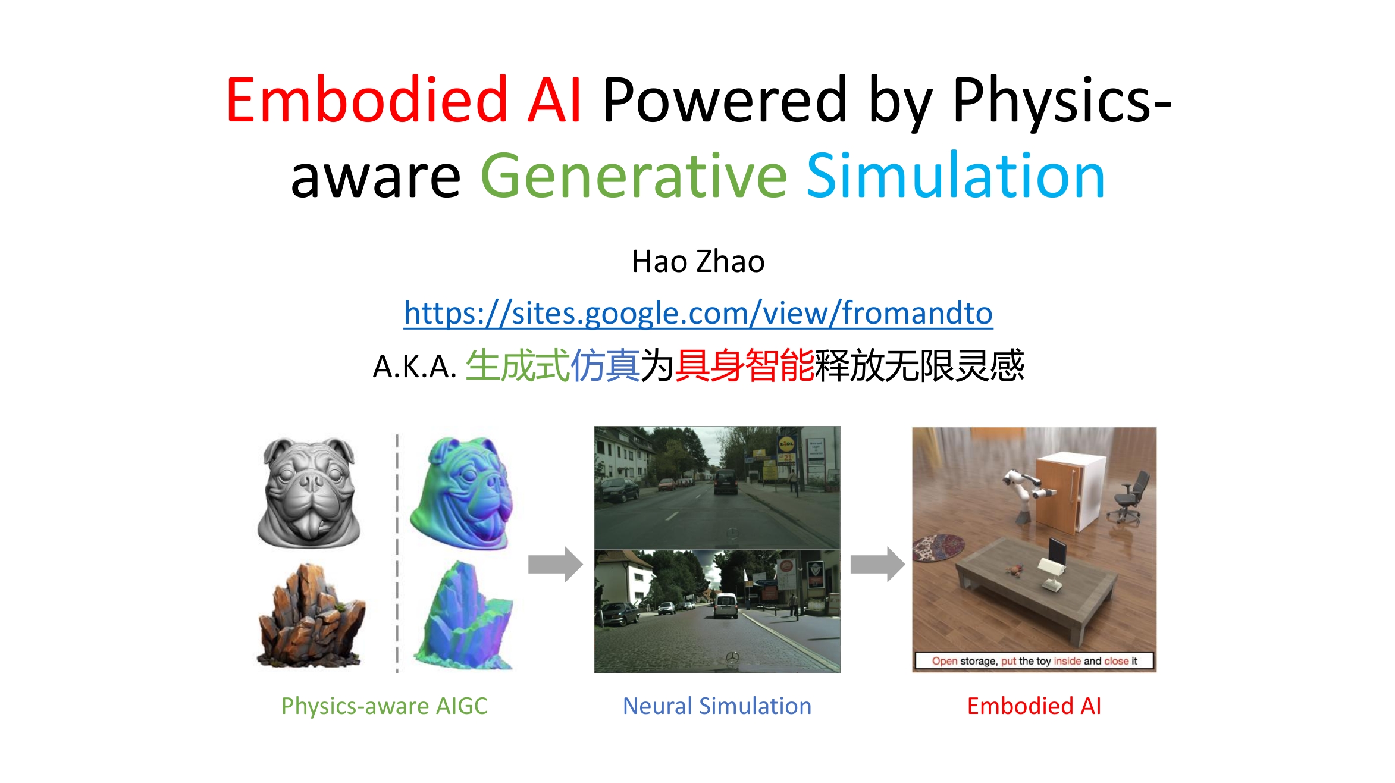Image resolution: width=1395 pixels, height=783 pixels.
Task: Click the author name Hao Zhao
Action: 698,262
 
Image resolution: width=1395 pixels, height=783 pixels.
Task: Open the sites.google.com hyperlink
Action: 698,313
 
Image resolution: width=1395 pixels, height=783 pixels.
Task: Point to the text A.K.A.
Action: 415,367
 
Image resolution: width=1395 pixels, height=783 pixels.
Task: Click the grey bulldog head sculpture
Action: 309,493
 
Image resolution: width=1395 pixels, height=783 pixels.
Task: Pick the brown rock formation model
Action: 311,615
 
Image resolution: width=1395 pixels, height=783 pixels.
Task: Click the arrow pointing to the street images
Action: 555,563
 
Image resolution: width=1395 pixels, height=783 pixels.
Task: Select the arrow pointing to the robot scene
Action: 877,563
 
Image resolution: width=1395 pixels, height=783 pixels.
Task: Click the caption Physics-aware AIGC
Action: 384,706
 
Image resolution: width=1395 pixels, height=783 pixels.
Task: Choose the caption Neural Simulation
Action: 717,706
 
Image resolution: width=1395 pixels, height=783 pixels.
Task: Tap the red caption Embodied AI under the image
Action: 1034,706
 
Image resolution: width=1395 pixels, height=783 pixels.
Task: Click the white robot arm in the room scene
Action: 1026,493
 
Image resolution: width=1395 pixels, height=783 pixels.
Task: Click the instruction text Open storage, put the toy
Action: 990,661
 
